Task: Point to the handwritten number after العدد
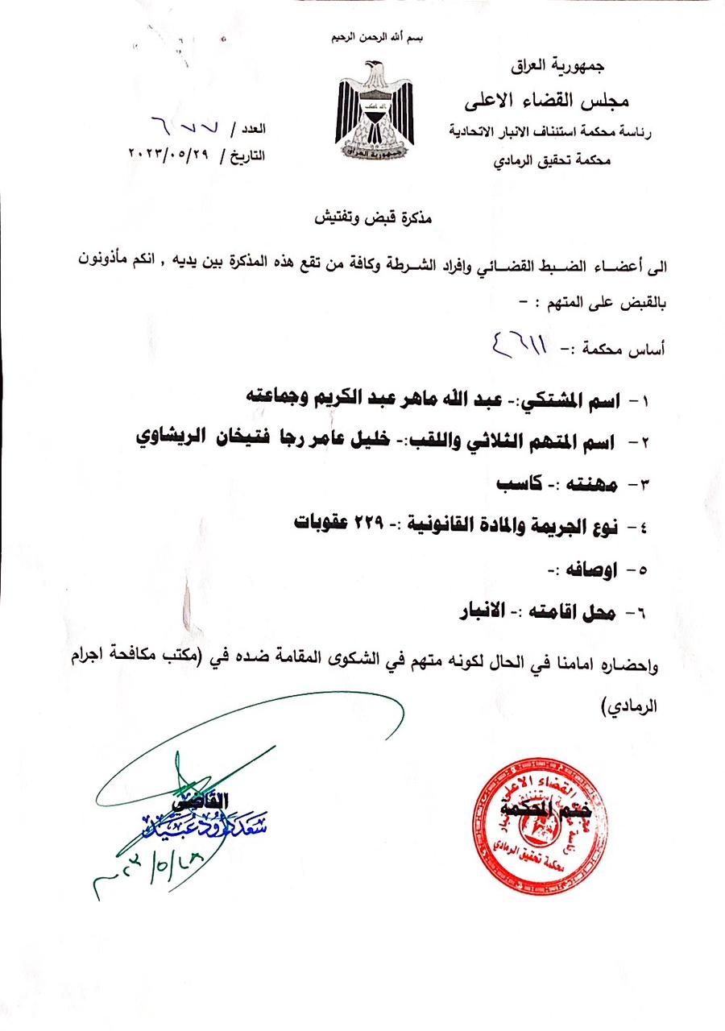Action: pos(178,126)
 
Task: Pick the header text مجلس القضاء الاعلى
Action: pos(548,101)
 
